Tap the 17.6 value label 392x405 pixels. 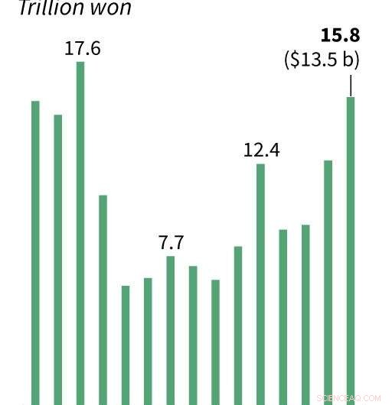82,49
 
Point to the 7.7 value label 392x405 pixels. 171,243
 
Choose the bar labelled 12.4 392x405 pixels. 260,283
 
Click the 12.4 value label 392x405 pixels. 261,150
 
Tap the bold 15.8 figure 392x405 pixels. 340,36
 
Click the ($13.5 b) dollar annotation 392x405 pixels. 322,60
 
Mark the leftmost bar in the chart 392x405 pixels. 35,252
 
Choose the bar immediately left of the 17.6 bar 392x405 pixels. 57,260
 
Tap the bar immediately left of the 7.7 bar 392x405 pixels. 148,341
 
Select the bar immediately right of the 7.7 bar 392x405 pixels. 193,335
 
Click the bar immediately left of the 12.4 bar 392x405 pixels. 238,325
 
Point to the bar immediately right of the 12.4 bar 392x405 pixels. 283,316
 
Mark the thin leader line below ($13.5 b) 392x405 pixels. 351,85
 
